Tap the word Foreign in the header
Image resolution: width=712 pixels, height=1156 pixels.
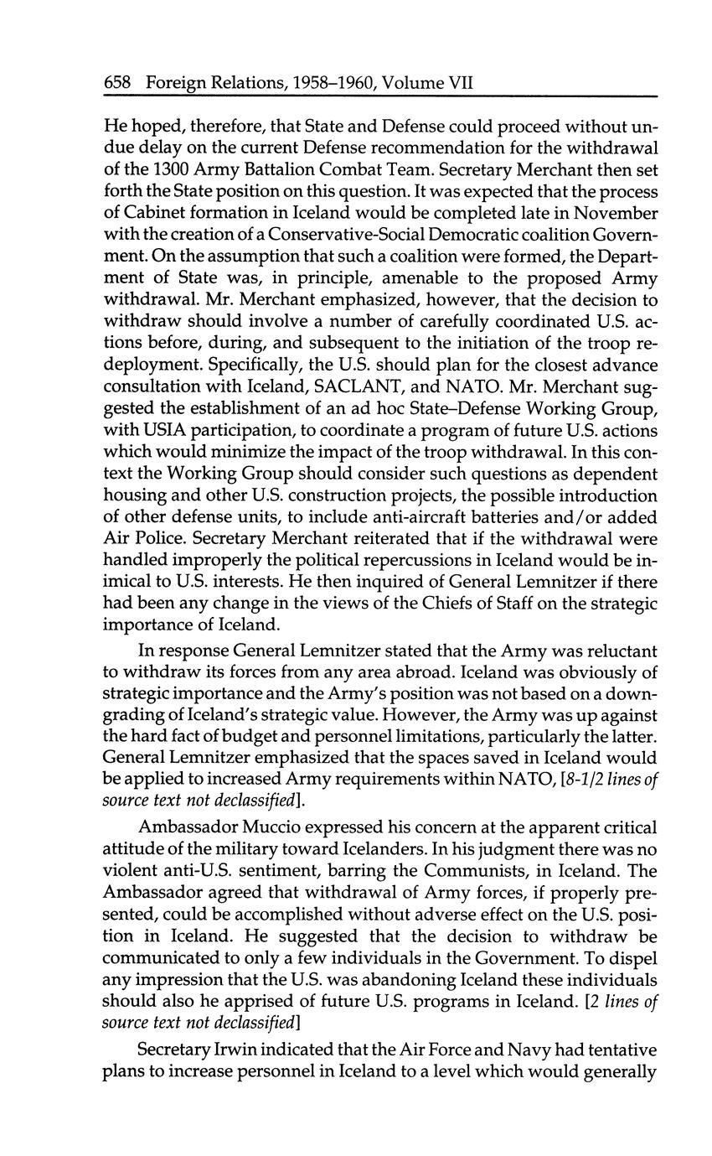[x=177, y=83]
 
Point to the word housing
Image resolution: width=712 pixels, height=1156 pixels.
[x=133, y=496]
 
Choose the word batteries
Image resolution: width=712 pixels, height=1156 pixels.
[x=480, y=518]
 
